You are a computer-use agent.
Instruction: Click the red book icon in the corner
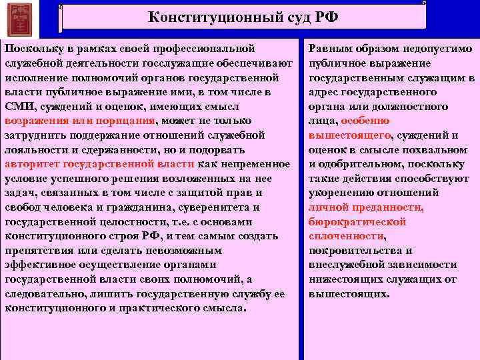coord(19,19)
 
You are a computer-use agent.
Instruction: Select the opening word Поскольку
coord(31,49)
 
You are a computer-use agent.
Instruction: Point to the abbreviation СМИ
coord(17,106)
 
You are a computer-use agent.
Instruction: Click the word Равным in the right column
coord(328,49)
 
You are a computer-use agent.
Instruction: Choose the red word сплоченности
coord(345,236)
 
